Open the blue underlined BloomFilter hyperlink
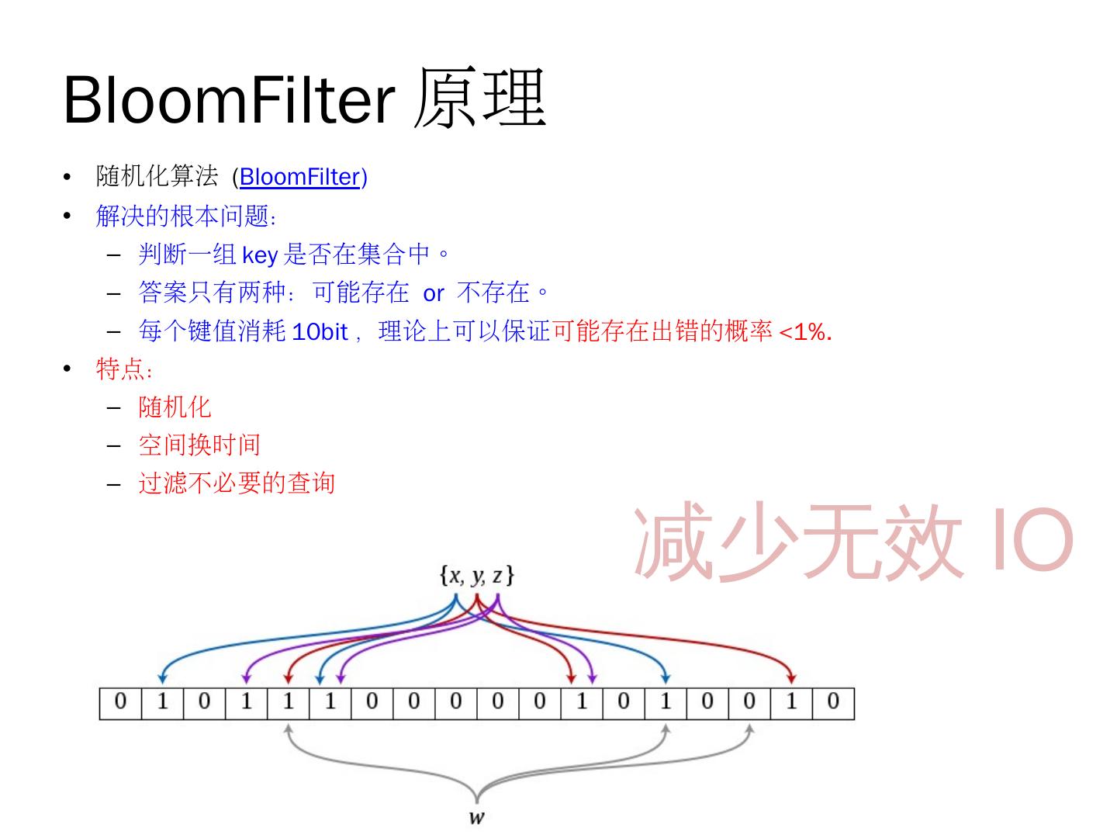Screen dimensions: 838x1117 click(299, 177)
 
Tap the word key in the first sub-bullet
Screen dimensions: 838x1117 click(260, 255)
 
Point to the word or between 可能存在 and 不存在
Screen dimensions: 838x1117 click(433, 293)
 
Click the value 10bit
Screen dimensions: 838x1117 click(320, 332)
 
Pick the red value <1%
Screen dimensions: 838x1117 click(805, 332)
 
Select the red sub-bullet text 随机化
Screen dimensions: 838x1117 click(175, 407)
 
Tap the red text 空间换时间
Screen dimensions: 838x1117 click(199, 445)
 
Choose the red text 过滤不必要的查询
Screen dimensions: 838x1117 click(237, 483)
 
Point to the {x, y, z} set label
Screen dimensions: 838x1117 click(477, 577)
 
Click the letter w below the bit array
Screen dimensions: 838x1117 click(477, 817)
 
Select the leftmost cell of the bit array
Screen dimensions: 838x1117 click(120, 703)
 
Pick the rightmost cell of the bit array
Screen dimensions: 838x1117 click(833, 703)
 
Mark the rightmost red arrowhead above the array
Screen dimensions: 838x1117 click(791, 679)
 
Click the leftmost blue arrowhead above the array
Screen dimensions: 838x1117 click(162, 679)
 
